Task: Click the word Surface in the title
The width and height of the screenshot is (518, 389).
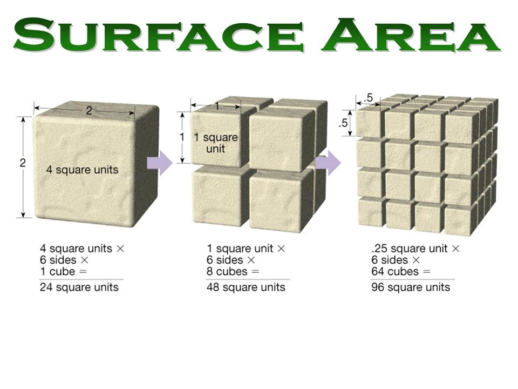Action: (158, 35)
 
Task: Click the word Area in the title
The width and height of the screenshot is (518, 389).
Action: (411, 35)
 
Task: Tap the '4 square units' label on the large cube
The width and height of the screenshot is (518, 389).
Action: (82, 170)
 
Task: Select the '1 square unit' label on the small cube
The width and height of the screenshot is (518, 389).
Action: (216, 143)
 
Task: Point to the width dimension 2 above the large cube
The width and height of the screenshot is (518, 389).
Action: (89, 110)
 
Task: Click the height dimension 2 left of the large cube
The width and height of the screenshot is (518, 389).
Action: (23, 163)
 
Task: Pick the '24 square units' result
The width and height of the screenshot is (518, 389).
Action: (79, 287)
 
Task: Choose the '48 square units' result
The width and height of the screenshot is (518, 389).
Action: (246, 287)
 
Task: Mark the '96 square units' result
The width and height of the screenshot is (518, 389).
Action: (411, 287)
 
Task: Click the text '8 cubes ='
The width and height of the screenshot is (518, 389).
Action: (233, 272)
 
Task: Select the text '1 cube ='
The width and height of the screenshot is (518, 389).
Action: (63, 272)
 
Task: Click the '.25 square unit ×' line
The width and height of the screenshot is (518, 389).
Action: (415, 249)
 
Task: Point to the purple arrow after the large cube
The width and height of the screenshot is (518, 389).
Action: (160, 163)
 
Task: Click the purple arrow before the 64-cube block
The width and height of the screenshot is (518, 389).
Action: (328, 163)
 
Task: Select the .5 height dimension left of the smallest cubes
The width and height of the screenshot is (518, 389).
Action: (343, 123)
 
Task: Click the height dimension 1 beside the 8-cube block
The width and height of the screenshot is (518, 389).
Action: (182, 137)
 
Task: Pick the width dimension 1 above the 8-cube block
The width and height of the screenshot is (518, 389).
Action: (217, 106)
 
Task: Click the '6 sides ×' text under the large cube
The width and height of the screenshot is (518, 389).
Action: (64, 260)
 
